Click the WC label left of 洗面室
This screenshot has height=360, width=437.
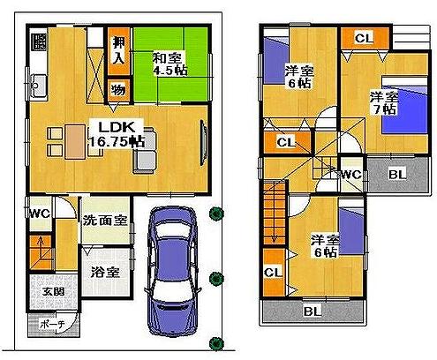pyautogui.click(x=38, y=214)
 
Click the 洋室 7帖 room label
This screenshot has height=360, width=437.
pyautogui.click(x=381, y=104)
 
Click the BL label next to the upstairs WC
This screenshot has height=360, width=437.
pyautogui.click(x=397, y=174)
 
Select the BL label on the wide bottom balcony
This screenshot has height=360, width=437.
pyautogui.click(x=313, y=311)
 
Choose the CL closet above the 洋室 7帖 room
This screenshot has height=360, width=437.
pyautogui.click(x=364, y=38)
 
